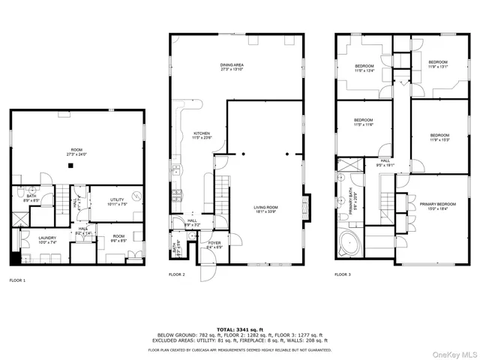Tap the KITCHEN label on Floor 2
tap(202, 135)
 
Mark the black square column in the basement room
tap(70, 165)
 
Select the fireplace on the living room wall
tap(304, 205)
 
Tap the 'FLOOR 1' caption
tap(17, 280)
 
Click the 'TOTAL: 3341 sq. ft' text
tap(239, 329)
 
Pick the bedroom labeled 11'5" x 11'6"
tap(364, 122)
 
